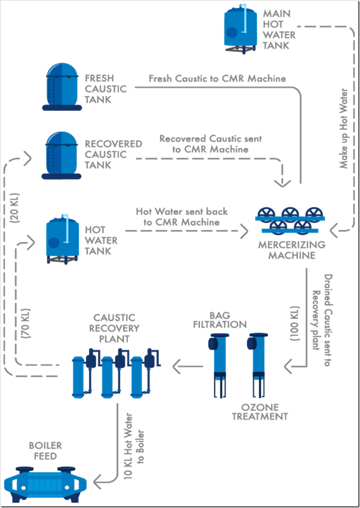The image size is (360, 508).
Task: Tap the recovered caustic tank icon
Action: pyautogui.click(x=62, y=156)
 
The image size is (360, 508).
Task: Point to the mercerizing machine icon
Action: pyautogui.click(x=290, y=220)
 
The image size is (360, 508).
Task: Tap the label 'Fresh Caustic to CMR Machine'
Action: pyautogui.click(x=217, y=79)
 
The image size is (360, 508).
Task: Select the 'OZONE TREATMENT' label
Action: pyautogui.click(x=260, y=412)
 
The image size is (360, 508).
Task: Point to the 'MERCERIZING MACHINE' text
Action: pyautogui.click(x=292, y=250)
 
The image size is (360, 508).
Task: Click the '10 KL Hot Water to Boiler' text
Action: pyautogui.click(x=133, y=446)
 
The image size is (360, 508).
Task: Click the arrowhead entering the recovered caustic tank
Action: pyautogui.click(x=27, y=157)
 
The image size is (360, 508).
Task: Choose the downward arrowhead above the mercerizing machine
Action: pyautogui.click(x=281, y=181)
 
